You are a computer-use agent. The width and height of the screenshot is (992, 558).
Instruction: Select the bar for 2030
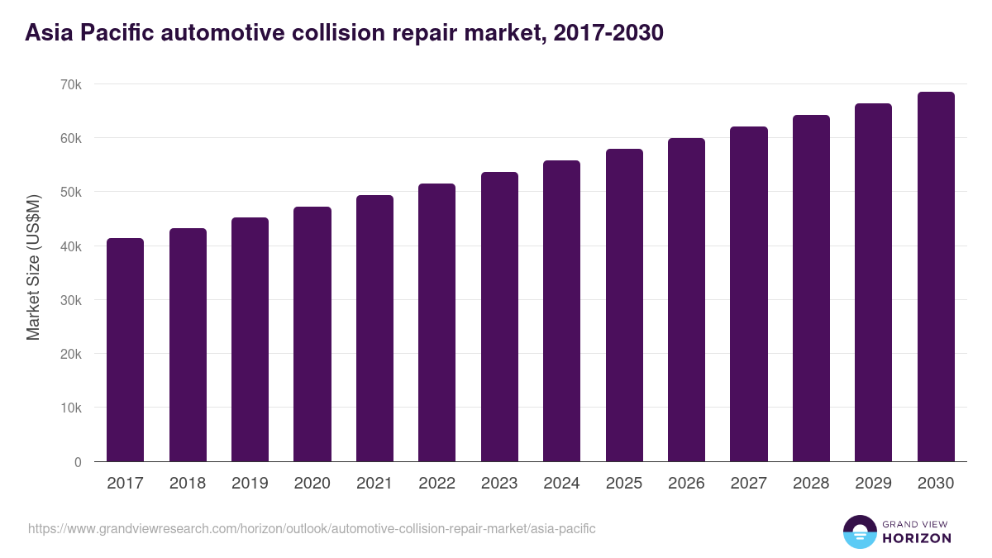click(x=936, y=277)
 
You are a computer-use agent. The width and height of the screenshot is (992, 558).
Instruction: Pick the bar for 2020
click(x=312, y=334)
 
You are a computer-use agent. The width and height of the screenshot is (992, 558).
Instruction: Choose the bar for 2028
click(x=811, y=289)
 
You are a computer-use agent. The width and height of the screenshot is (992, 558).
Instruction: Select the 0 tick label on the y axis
click(x=78, y=462)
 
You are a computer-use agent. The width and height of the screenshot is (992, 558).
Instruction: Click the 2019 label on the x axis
click(x=250, y=484)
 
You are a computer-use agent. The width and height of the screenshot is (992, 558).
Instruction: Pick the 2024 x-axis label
click(x=561, y=484)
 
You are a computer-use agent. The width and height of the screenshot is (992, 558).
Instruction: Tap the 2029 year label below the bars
click(x=873, y=484)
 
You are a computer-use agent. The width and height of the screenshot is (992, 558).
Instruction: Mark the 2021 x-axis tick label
click(x=374, y=484)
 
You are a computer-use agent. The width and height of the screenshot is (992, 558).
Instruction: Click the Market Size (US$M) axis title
click(x=33, y=267)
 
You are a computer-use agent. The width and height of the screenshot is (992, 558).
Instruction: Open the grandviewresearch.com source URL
click(x=312, y=528)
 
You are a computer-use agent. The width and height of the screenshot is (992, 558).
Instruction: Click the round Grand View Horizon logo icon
click(x=860, y=532)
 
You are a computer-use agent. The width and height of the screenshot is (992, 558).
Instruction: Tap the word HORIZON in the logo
click(x=916, y=538)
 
